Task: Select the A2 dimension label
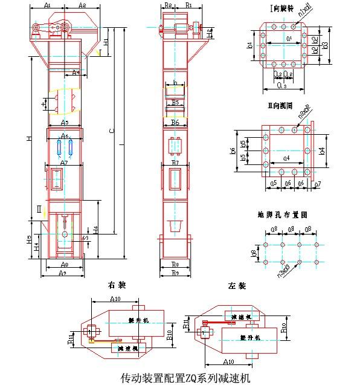pyautogui.click(x=82, y=5)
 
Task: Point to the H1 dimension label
pyautogui.click(x=106, y=43)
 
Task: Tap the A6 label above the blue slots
pyautogui.click(x=65, y=135)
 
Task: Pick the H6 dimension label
pyautogui.click(x=95, y=231)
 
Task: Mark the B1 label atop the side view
pyautogui.click(x=189, y=5)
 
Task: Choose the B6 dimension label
pyautogui.click(x=175, y=123)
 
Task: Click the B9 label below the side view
pyautogui.click(x=175, y=273)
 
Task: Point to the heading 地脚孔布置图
pyautogui.click(x=283, y=214)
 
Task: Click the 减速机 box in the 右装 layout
pyautogui.click(x=127, y=349)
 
